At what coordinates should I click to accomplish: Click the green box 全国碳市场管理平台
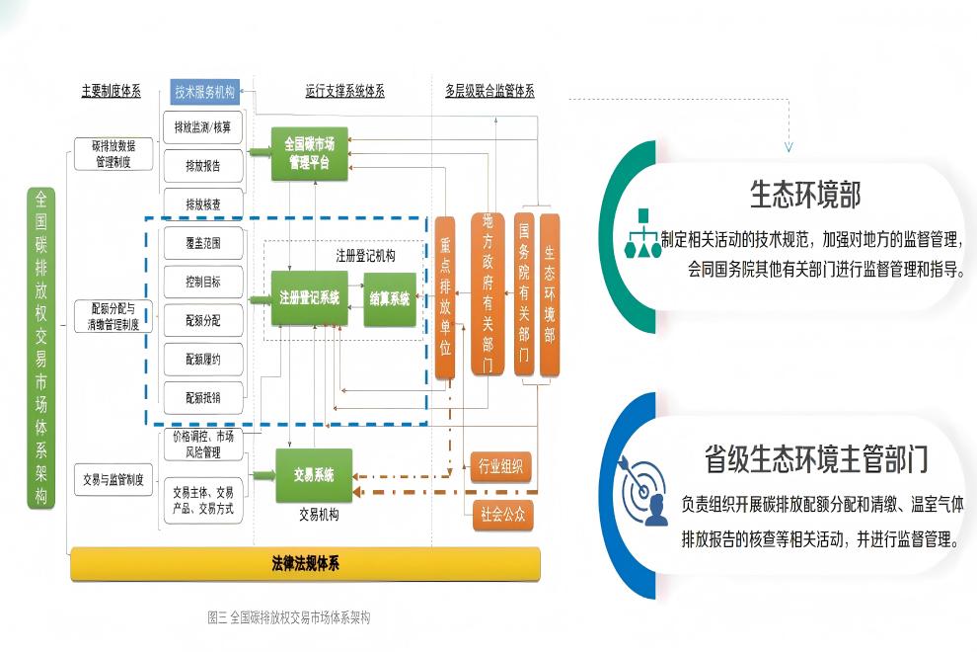click(310, 153)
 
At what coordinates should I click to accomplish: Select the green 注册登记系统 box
click(309, 297)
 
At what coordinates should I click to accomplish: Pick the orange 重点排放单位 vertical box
click(445, 297)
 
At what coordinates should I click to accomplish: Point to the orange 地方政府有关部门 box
click(487, 293)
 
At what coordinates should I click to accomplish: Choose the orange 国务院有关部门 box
click(524, 293)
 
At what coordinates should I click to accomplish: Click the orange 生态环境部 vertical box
click(550, 293)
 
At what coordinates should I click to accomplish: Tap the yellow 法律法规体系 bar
click(306, 564)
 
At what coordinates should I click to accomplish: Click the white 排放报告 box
click(203, 165)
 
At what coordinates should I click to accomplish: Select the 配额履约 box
click(203, 360)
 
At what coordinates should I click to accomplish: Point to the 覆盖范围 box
click(203, 242)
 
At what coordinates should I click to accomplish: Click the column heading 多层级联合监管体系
click(489, 91)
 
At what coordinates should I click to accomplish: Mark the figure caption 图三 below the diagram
click(288, 617)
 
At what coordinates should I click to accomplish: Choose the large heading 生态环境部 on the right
click(805, 195)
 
